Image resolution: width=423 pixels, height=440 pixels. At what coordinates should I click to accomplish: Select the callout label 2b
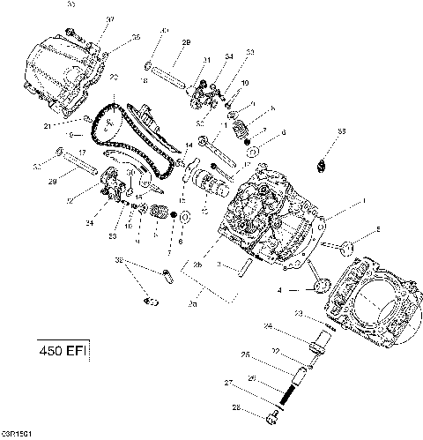(197, 265)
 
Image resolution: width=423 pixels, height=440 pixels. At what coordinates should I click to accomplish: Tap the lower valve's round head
(321, 284)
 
